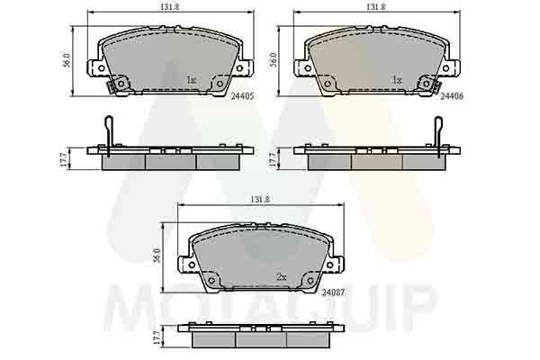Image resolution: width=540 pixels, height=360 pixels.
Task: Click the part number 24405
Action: click(242, 96)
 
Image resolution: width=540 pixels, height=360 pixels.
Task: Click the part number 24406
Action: click(452, 96)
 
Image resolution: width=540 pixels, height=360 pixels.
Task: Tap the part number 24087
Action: click(333, 292)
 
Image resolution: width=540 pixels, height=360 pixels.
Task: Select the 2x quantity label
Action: click(282, 276)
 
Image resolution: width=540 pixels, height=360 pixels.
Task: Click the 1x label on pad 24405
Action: click(191, 80)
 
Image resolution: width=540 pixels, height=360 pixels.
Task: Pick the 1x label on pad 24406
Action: click(398, 80)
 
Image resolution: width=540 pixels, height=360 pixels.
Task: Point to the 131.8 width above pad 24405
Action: click(171, 6)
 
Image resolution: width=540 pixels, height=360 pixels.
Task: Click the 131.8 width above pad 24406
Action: click(376, 6)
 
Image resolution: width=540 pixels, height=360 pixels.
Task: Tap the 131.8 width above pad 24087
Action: click(260, 199)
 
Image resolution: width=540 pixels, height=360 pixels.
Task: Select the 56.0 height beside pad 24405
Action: click(67, 60)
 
